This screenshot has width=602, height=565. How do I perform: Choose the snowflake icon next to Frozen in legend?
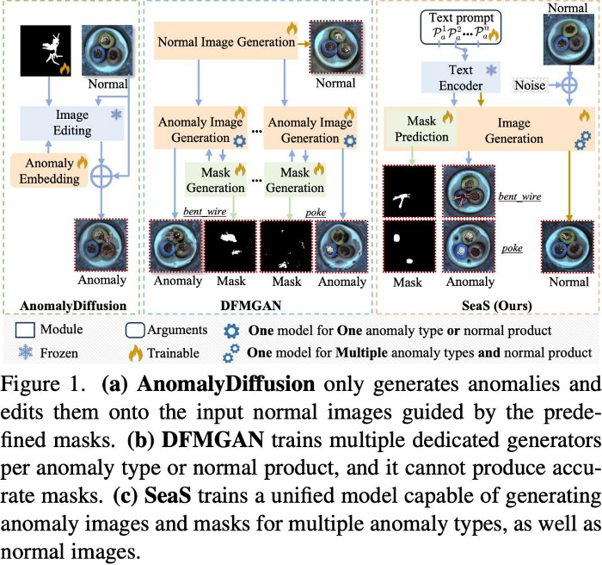(25, 352)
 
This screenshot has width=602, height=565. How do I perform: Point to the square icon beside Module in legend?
(25, 330)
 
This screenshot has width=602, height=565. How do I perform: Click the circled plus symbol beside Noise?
(568, 87)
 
